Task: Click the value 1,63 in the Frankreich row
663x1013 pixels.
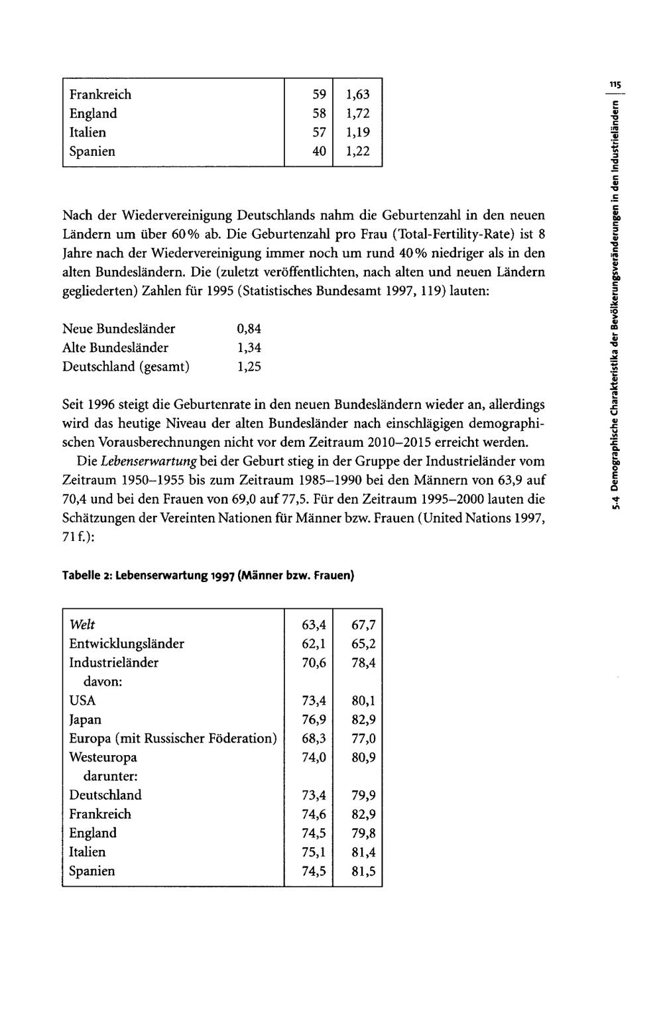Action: click(x=357, y=95)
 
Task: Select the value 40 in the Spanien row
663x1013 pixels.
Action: click(x=319, y=152)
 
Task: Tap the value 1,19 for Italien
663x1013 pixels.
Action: click(x=357, y=133)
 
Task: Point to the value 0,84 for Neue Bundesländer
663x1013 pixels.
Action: click(x=249, y=329)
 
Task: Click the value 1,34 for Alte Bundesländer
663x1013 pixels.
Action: click(x=249, y=348)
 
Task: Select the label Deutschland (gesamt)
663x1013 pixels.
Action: click(x=125, y=367)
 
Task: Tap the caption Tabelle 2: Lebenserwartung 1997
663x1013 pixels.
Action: click(x=208, y=575)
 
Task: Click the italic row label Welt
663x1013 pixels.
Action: click(x=82, y=625)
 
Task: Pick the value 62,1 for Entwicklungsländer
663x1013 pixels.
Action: click(x=314, y=644)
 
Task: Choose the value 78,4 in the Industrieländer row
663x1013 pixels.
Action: click(x=364, y=663)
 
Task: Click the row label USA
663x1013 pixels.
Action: click(x=82, y=701)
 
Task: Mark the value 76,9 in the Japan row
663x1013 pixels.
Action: click(x=314, y=720)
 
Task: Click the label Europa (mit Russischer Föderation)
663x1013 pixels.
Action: click(x=172, y=739)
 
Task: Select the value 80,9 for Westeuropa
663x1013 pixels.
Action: click(x=364, y=758)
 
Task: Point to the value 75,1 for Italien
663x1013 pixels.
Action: click(x=314, y=853)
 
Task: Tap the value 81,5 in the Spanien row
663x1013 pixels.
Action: click(x=364, y=872)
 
